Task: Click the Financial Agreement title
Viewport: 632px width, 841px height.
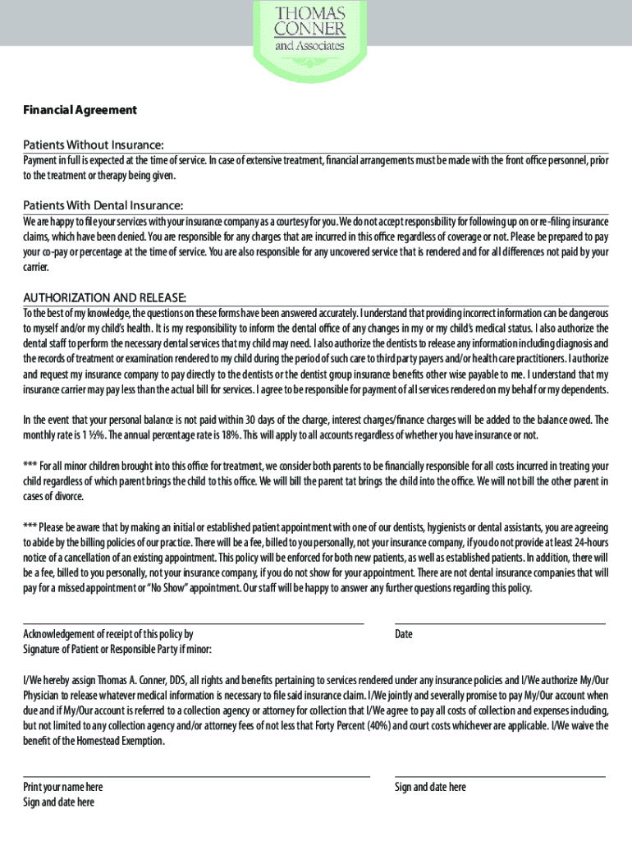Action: (x=80, y=110)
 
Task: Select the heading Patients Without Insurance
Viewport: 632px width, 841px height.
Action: (x=94, y=145)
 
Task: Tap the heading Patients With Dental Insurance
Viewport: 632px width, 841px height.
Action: (x=103, y=205)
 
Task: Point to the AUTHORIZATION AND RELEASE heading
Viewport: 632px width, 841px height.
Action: (x=105, y=296)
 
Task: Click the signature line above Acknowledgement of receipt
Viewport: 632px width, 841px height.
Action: (x=193, y=624)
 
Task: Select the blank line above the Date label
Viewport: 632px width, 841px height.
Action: (x=500, y=624)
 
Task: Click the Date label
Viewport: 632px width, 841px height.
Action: (x=404, y=634)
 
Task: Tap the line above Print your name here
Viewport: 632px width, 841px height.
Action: (x=196, y=776)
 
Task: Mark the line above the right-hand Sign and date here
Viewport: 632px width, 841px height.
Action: (x=500, y=776)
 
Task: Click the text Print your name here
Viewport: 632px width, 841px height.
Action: (x=63, y=787)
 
